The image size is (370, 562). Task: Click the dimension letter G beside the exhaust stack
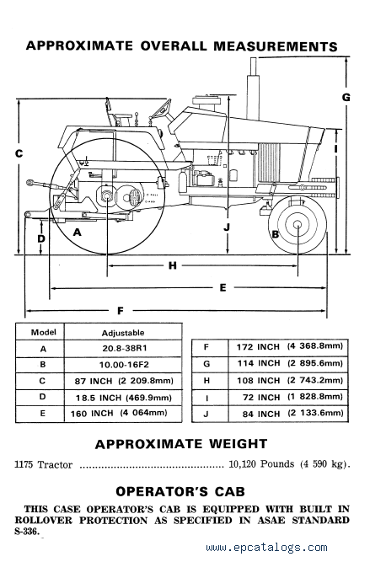click(346, 97)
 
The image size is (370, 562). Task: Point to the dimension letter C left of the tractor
click(19, 153)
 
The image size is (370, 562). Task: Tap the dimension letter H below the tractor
click(173, 265)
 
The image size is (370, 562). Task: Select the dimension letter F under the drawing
click(121, 311)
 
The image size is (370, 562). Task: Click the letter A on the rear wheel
click(77, 233)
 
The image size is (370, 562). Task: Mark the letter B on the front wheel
click(276, 234)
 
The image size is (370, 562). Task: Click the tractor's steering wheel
click(161, 110)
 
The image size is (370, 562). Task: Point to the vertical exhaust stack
click(253, 88)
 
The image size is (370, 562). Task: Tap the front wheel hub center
click(298, 225)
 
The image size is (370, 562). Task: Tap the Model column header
click(43, 332)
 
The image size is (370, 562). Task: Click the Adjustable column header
click(123, 333)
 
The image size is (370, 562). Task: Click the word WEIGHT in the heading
click(238, 444)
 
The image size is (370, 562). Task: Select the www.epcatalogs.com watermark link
click(266, 548)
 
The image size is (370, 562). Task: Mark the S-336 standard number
click(27, 531)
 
